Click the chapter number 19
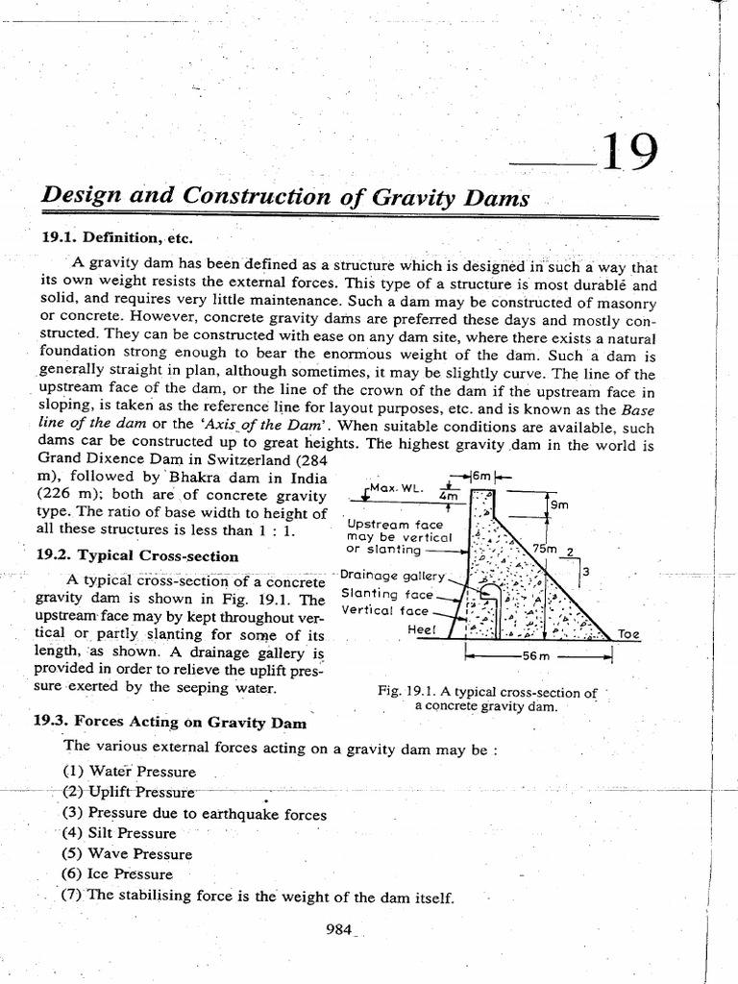[629, 153]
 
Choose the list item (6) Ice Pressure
[117, 874]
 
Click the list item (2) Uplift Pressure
[128, 792]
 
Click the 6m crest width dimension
[482, 478]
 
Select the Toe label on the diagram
[628, 634]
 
